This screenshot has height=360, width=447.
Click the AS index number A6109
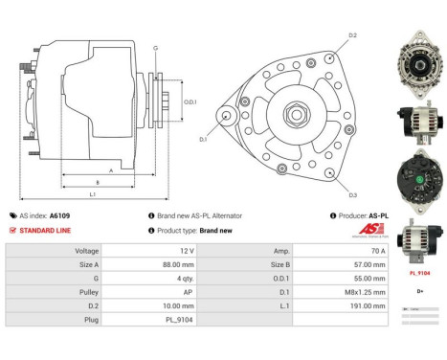(60, 216)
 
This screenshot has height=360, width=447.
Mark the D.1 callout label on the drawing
(203, 140)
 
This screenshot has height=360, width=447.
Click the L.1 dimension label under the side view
(92, 195)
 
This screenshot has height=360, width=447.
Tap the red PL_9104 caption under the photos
(420, 273)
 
